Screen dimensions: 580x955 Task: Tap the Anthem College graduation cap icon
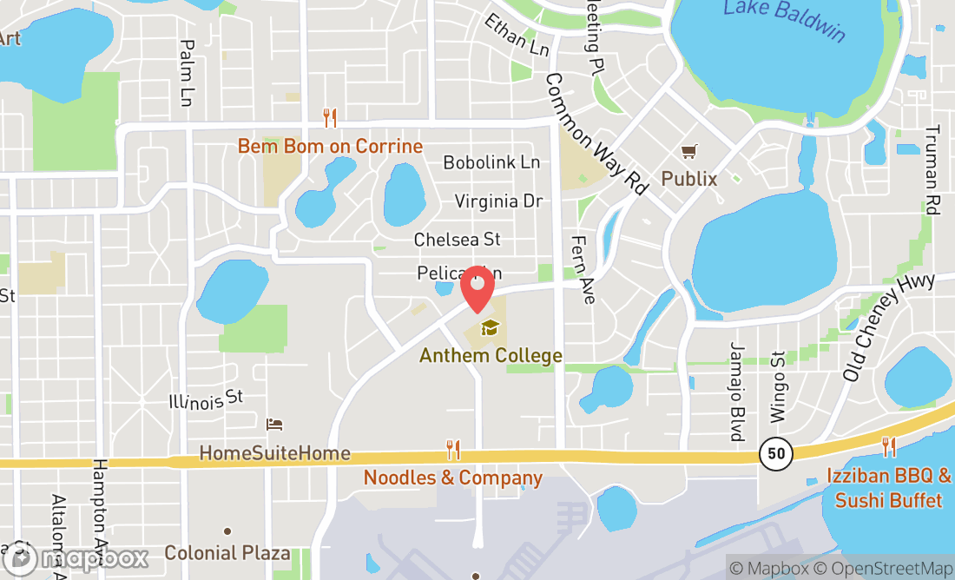click(x=491, y=328)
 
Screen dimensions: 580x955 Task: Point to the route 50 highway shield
click(x=775, y=451)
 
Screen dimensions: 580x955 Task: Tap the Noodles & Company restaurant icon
click(x=453, y=450)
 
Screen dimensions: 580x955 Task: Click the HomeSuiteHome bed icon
click(x=274, y=425)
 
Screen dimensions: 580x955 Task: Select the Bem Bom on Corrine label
click(x=330, y=146)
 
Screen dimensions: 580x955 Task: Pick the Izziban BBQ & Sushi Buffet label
click(x=888, y=488)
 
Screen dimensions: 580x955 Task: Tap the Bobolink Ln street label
click(x=491, y=162)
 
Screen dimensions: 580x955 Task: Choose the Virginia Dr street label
click(x=498, y=201)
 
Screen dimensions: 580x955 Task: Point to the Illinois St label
click(x=206, y=400)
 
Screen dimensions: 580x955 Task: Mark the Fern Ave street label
click(x=583, y=269)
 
